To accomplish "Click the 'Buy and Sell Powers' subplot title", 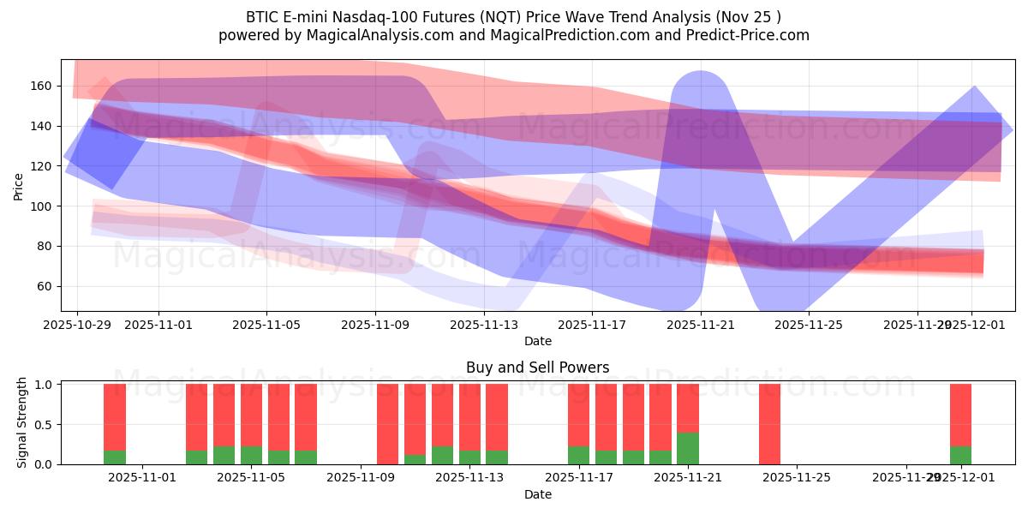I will click(x=537, y=368).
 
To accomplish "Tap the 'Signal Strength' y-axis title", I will click(x=22, y=423).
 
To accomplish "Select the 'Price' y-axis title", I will click(x=19, y=185).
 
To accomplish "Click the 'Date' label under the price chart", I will click(x=537, y=341).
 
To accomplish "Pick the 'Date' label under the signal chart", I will click(x=537, y=494).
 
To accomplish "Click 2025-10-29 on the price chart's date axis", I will click(x=77, y=326).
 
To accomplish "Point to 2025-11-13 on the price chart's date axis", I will click(x=483, y=326).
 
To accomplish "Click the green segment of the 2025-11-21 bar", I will click(x=688, y=448).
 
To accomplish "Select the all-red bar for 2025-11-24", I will click(x=769, y=424).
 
